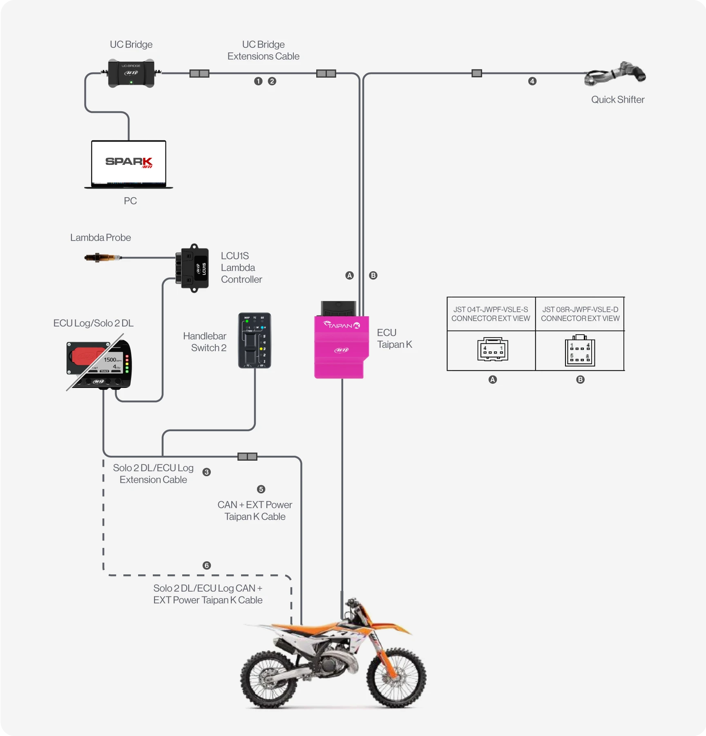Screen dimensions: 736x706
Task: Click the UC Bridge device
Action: [x=131, y=73]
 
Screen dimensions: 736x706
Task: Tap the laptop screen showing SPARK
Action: [x=129, y=162]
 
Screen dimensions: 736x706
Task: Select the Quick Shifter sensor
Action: [x=615, y=74]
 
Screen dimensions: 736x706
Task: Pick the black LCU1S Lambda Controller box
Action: [x=193, y=268]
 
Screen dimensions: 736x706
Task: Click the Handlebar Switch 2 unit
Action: [x=255, y=341]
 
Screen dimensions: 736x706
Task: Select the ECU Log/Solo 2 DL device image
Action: [x=99, y=363]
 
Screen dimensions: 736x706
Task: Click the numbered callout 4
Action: [x=532, y=81]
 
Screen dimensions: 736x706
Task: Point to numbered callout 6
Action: [x=207, y=565]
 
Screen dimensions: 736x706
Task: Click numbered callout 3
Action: [x=207, y=472]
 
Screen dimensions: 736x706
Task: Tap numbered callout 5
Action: [x=261, y=489]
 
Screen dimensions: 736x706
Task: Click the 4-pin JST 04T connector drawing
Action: [x=493, y=350]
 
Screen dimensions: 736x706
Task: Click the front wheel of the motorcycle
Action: [x=396, y=677]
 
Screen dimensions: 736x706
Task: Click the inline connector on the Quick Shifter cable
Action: [x=477, y=73]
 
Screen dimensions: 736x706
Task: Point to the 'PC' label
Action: [x=130, y=201]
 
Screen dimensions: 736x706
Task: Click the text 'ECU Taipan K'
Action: [x=394, y=338]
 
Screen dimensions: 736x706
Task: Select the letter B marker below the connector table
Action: [x=580, y=380]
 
